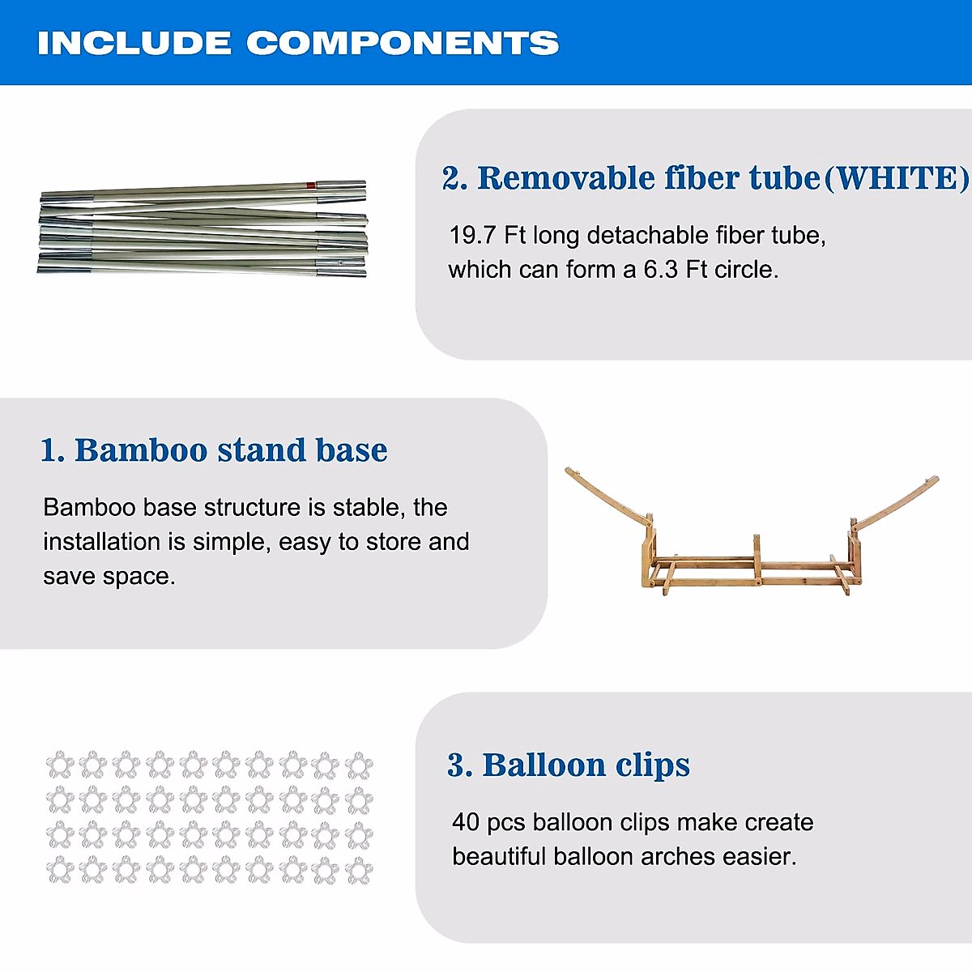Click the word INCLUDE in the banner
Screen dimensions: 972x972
(134, 43)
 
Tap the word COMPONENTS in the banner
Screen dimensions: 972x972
(403, 43)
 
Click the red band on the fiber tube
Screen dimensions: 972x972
(311, 185)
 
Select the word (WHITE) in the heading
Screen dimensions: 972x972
(897, 177)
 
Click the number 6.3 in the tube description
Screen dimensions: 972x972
(660, 270)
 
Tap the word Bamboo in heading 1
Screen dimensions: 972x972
(141, 450)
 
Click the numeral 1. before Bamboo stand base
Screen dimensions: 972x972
(53, 450)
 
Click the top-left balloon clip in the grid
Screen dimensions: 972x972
(61, 765)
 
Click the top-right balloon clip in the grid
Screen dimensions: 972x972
(359, 765)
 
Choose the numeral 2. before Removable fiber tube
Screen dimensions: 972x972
(455, 178)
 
